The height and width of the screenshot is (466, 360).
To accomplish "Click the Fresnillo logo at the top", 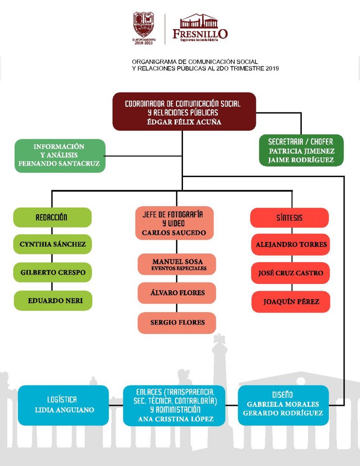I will [x=200, y=27].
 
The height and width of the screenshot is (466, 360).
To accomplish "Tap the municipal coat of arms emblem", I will [x=143, y=25].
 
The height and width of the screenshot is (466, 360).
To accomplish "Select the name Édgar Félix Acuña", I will [x=184, y=122].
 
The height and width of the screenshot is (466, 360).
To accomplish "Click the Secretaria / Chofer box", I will [x=301, y=150].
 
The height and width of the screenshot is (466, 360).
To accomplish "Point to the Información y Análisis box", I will [x=60, y=155].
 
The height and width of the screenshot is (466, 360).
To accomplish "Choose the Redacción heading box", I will [x=52, y=218].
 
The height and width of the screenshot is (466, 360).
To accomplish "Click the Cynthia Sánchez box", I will [x=53, y=244].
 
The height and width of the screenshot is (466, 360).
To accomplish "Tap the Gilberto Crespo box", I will [x=53, y=273].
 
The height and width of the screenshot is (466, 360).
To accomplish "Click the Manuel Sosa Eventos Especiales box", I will [x=177, y=264].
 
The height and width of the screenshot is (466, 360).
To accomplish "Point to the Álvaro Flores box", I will [x=177, y=293].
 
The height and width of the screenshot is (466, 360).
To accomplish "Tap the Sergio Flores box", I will [x=177, y=323].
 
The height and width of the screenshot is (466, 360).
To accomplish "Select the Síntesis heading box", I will [x=289, y=218].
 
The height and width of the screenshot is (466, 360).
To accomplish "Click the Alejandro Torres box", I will [x=290, y=245].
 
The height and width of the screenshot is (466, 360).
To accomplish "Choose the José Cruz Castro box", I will [x=290, y=273].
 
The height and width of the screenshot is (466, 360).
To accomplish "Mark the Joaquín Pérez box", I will [x=290, y=301].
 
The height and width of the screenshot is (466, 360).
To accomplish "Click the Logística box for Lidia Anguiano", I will [x=64, y=405].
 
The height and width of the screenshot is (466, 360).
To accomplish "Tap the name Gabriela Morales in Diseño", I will [x=283, y=404].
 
